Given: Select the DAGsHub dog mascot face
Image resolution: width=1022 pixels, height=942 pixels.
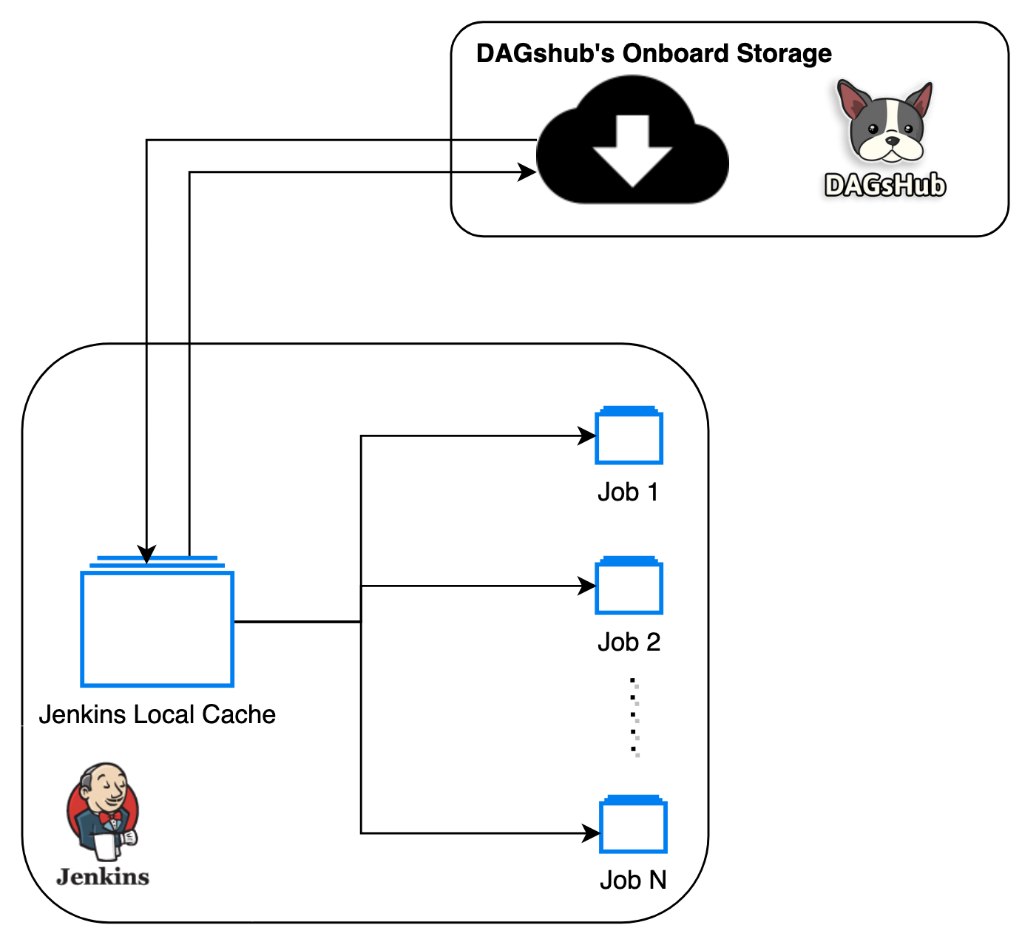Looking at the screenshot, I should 885,124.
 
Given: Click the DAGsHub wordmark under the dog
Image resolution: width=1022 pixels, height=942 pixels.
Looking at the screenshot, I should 885,185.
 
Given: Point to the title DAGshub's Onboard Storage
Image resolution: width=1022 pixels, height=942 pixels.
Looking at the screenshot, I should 654,53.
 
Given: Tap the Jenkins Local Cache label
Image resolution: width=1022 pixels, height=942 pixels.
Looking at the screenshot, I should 157,714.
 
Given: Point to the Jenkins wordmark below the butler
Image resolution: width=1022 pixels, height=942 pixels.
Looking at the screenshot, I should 103,877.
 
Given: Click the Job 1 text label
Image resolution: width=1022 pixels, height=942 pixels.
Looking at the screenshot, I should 628,492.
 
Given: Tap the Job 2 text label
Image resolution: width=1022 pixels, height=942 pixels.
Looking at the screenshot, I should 629,642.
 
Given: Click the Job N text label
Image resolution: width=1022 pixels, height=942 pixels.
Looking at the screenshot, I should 633,880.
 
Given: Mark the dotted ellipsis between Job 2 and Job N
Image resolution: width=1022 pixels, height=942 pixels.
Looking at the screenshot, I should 634,716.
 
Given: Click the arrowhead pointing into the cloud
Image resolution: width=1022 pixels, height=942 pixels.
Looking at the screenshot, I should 528,172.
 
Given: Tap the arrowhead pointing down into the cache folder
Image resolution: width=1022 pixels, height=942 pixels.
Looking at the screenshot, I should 147,555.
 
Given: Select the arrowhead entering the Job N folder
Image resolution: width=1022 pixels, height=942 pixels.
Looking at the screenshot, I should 592,833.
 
